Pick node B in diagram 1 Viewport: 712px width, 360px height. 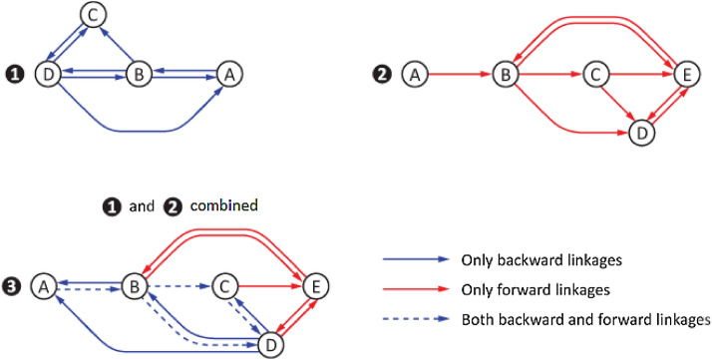pos(139,74)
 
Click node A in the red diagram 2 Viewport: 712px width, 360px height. pos(414,74)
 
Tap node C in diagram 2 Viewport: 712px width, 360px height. pos(595,74)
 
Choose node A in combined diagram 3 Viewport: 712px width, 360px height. pos(43,286)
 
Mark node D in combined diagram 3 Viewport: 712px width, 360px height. pos(269,344)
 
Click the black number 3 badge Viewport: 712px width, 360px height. pos(13,286)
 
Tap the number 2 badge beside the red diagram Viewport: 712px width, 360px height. pos(384,74)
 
